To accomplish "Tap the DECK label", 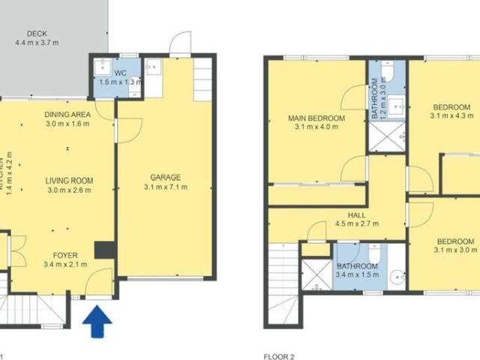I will (x=37, y=34).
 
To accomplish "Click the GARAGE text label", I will (x=163, y=178).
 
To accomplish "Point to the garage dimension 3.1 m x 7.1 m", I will (x=163, y=187).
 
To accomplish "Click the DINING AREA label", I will (x=67, y=114).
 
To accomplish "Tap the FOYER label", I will (x=66, y=255).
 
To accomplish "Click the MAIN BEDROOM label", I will (x=317, y=118).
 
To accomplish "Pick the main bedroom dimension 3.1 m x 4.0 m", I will (x=317, y=127).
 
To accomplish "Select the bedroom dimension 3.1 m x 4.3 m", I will (x=452, y=116).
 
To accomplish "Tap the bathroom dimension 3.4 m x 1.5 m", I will (x=356, y=275).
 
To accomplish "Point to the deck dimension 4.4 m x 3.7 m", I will (x=37, y=43).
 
